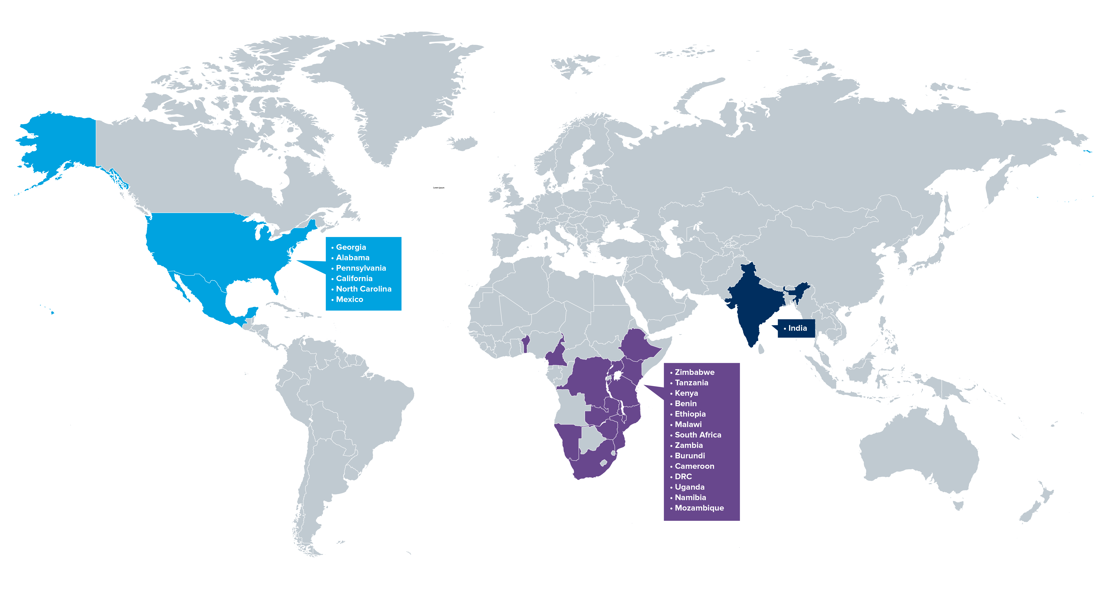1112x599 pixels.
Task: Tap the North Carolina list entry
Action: click(363, 289)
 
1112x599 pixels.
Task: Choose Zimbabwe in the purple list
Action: click(694, 372)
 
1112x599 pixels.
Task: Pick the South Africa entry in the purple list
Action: click(698, 435)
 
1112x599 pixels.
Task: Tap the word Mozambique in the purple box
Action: click(699, 508)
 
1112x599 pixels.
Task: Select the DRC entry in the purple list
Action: click(683, 477)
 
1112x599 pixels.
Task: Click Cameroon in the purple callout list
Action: click(694, 466)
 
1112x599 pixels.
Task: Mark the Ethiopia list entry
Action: click(690, 414)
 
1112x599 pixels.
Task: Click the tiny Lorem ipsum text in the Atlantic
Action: click(439, 188)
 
